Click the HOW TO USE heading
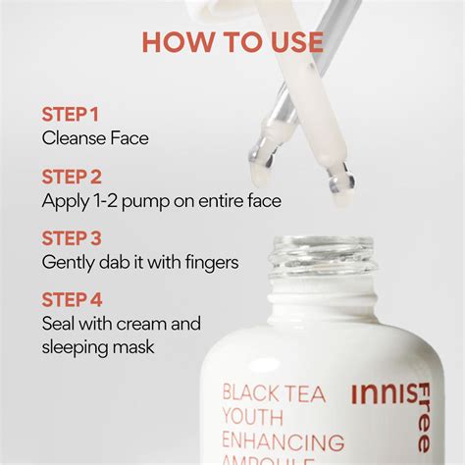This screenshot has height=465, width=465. click(232, 41)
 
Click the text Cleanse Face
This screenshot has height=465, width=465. click(95, 137)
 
